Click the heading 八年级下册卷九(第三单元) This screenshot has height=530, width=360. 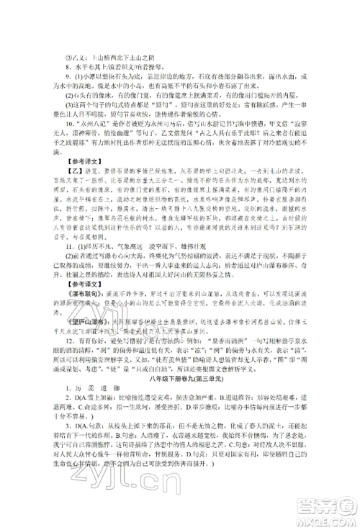pos(179,404)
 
